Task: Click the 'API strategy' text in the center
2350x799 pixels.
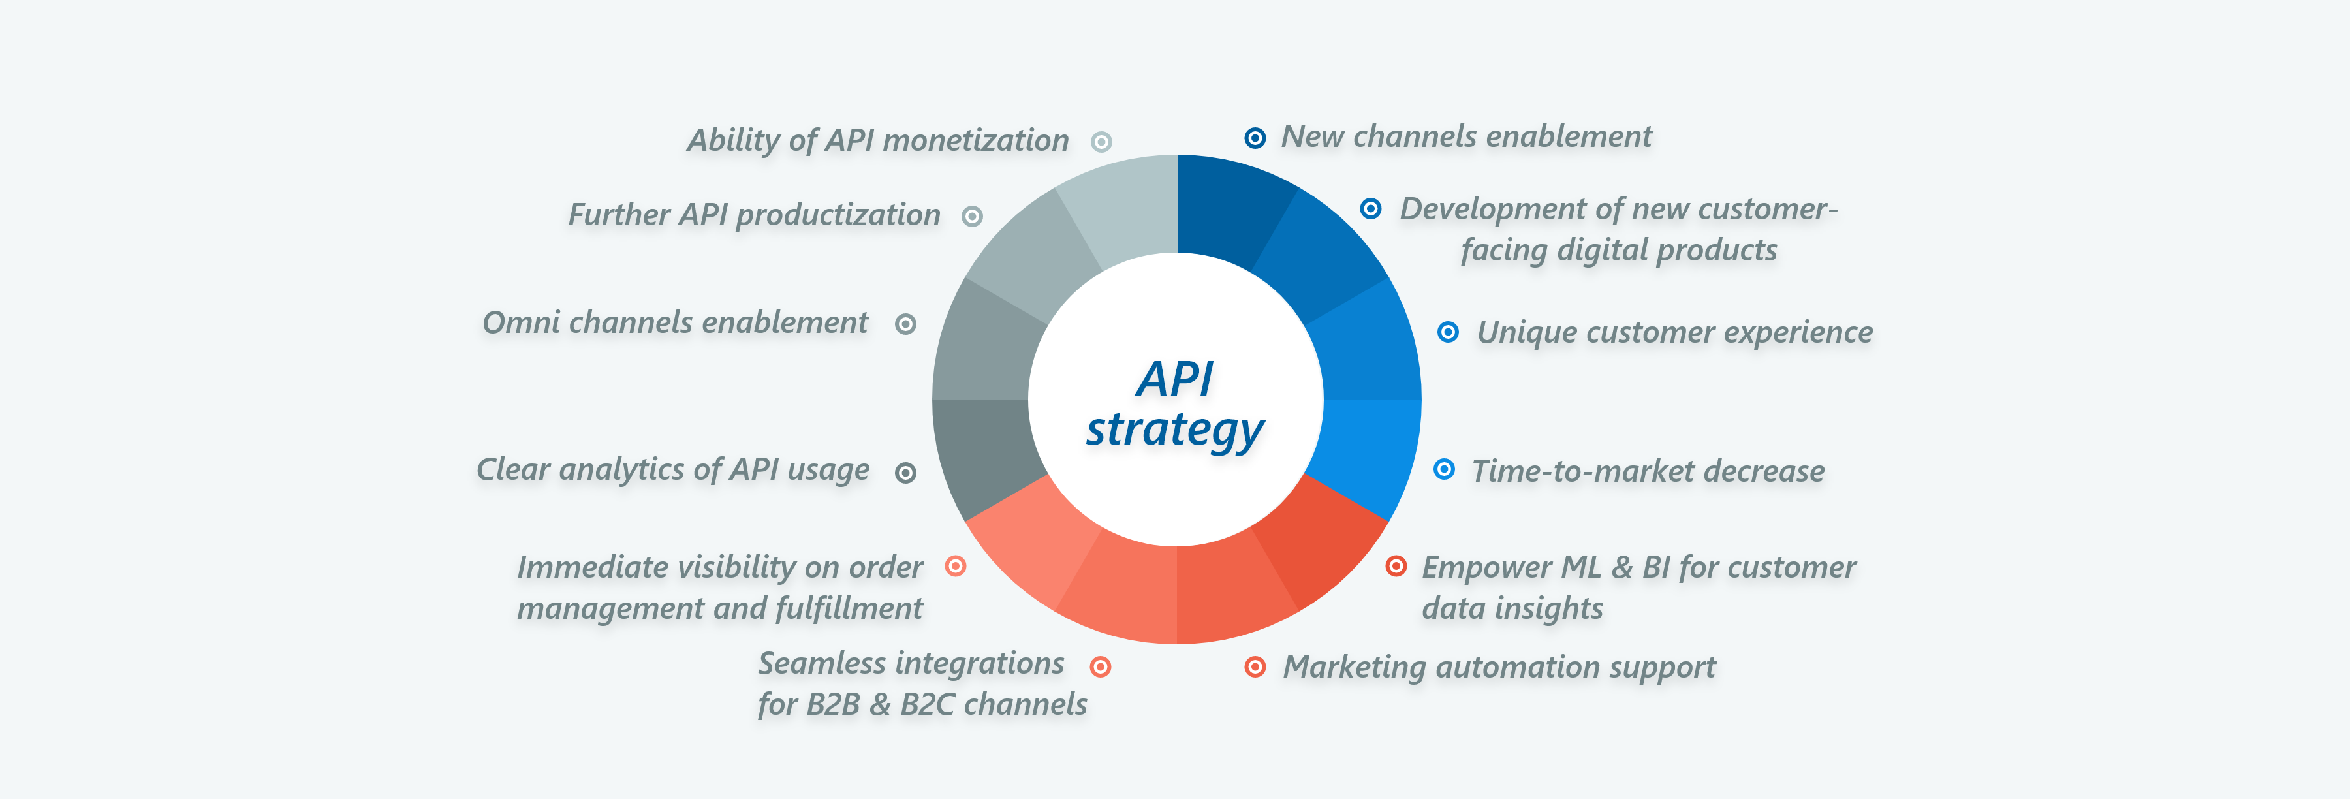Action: tap(1175, 403)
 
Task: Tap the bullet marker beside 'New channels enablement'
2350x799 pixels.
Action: tap(1255, 138)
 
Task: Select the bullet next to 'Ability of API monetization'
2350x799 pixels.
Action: tap(1101, 142)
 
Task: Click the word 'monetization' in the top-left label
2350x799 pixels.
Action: tap(975, 140)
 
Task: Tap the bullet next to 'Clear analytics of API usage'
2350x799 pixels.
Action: tap(905, 473)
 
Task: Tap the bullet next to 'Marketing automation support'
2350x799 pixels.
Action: tap(1255, 666)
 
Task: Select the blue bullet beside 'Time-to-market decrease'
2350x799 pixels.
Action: tap(1443, 469)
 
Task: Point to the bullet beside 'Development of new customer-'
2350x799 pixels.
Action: tap(1370, 208)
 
